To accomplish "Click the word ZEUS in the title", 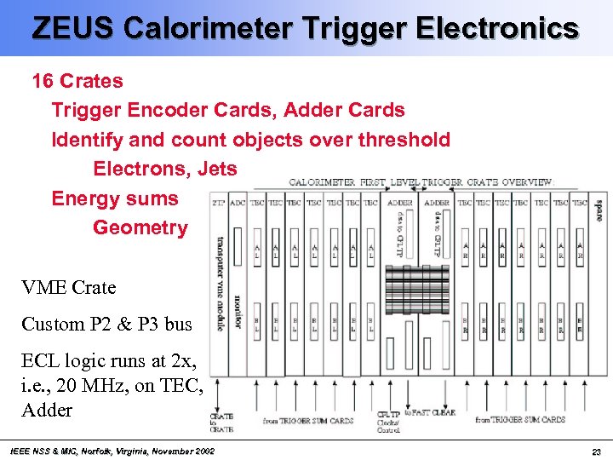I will click(x=72, y=28).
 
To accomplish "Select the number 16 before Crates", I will click(x=43, y=82).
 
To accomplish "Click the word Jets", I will click(x=217, y=169).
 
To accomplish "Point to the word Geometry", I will click(x=140, y=227).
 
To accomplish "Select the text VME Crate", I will click(x=68, y=288).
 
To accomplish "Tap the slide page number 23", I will click(x=595, y=450).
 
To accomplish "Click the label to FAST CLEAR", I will click(x=429, y=413).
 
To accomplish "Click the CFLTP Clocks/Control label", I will click(x=389, y=423).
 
